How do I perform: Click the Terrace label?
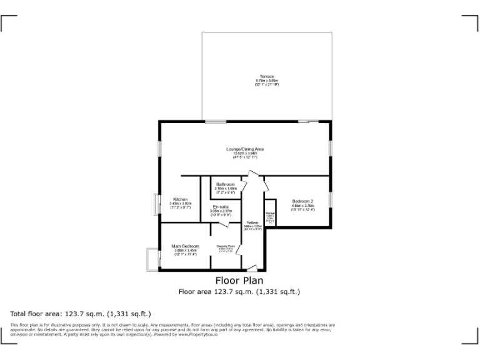tap(267, 77)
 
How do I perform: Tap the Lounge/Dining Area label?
tap(245, 149)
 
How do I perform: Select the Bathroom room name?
tap(225, 184)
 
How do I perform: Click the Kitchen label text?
tap(180, 199)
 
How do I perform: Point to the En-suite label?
tap(221, 207)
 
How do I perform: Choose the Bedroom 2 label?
tap(302, 201)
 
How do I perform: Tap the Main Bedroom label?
tap(186, 246)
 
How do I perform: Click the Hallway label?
tap(252, 223)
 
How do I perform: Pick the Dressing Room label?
tap(225, 246)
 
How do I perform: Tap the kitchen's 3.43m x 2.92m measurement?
tap(180, 204)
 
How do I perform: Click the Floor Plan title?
tap(239, 281)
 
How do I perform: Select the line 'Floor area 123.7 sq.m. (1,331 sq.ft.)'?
tap(239, 291)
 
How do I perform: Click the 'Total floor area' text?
tap(80, 314)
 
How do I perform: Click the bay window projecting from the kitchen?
tap(156, 206)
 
